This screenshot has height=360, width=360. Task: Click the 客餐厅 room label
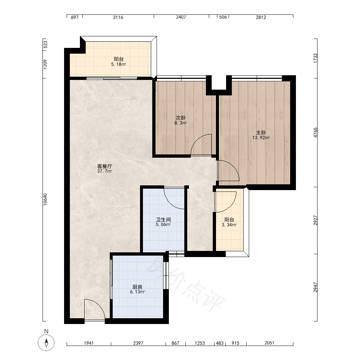coord(104,166)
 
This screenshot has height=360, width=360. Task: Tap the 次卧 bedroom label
coord(180,118)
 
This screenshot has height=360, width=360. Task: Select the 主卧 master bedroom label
coord(261,133)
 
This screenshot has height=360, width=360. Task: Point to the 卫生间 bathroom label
coord(163,220)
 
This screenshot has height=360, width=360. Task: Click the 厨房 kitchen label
coord(137,287)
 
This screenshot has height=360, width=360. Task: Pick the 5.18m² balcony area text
coord(118,64)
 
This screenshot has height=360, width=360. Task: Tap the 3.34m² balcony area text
coord(229,225)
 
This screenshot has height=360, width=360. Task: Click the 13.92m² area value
coord(261,138)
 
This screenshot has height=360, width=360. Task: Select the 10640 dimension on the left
coord(45,199)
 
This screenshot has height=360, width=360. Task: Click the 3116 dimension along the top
coord(118,17)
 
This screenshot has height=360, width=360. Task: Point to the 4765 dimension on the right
coord(315,133)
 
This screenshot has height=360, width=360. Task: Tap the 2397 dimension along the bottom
coord(138,343)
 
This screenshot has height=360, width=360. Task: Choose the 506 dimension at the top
coord(223,17)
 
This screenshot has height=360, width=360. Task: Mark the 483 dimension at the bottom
coord(220,343)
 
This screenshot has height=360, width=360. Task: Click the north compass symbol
coord(46,343)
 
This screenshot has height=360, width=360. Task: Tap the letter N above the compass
coord(46,331)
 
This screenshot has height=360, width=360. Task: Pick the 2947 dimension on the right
coord(315,287)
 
